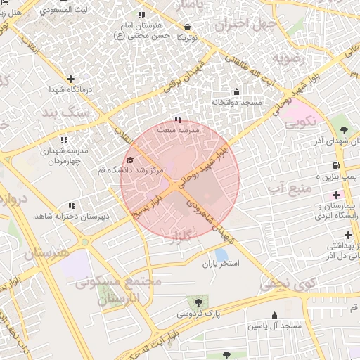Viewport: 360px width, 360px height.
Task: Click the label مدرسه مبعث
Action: [x=179, y=130]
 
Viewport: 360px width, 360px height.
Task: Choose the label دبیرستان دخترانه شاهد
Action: [x=71, y=217]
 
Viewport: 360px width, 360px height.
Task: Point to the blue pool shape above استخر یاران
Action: [x=221, y=254]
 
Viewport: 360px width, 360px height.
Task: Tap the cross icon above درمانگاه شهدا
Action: [x=70, y=79]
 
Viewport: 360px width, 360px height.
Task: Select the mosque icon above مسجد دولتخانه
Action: [x=236, y=91]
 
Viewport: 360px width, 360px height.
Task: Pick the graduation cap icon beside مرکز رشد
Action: [x=129, y=161]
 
